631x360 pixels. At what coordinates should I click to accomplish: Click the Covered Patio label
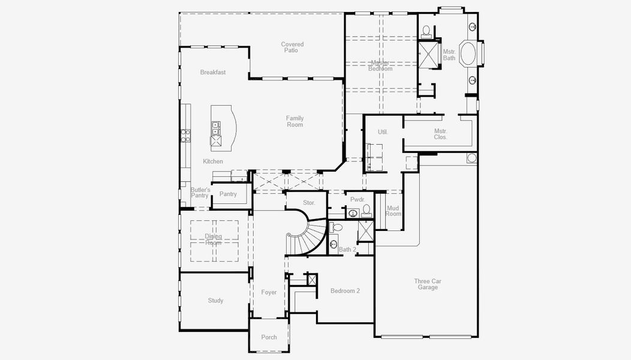(293, 47)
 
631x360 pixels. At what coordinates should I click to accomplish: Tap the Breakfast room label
(213, 73)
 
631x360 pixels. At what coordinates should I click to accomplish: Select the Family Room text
(295, 122)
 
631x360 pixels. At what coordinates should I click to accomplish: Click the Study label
(215, 301)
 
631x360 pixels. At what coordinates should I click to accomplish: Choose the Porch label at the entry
(269, 337)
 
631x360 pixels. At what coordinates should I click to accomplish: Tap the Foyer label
(269, 293)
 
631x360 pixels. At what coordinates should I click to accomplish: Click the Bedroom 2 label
(345, 291)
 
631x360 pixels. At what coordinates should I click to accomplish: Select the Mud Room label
(393, 211)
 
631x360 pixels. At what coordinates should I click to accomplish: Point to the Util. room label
(383, 132)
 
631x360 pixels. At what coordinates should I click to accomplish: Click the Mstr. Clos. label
(441, 134)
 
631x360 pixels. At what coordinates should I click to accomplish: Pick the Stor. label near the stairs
(309, 203)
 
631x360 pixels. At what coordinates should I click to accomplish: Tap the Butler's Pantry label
(200, 193)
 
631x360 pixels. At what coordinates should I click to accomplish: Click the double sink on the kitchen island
(215, 128)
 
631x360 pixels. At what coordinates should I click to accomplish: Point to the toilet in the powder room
(366, 210)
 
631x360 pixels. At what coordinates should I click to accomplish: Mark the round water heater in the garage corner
(471, 158)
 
